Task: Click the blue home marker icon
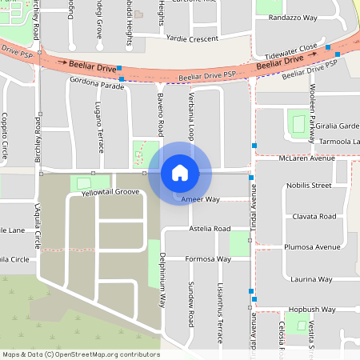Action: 180,172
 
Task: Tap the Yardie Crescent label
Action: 192,38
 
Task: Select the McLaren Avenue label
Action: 306,158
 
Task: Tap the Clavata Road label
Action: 314,216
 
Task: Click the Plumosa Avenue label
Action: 316,247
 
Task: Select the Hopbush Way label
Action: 310,308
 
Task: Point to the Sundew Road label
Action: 191,305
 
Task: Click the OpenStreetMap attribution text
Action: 81,354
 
